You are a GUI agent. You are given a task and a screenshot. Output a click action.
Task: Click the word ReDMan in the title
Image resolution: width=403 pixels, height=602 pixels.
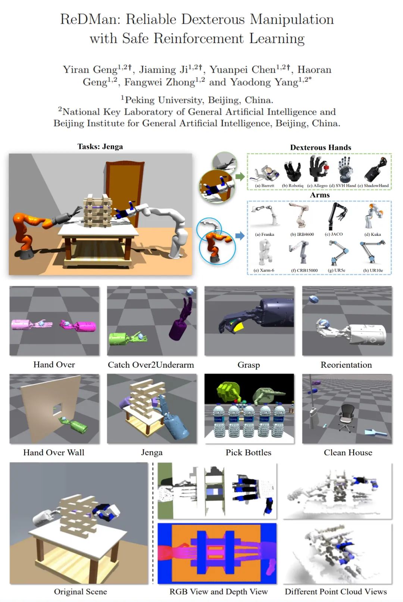[x=91, y=20]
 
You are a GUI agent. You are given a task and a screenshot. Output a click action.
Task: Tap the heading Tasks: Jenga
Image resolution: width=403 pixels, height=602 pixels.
[x=100, y=147]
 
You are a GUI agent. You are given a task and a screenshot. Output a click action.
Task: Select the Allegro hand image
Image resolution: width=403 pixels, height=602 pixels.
[x=318, y=168]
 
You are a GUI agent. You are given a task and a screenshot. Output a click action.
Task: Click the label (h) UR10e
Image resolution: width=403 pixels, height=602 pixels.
[x=373, y=270]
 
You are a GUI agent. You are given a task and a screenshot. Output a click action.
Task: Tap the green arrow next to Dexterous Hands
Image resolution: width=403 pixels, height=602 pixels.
[x=240, y=177]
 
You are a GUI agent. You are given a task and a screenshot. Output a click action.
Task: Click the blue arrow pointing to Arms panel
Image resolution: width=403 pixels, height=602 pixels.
[x=240, y=236]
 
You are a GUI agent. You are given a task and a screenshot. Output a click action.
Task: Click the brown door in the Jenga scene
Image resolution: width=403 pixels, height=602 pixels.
[x=125, y=188]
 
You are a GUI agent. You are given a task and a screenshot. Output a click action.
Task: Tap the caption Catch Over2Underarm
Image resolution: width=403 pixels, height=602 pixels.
[x=151, y=365]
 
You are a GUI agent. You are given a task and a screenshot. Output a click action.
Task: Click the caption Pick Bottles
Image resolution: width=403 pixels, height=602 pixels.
[x=248, y=453]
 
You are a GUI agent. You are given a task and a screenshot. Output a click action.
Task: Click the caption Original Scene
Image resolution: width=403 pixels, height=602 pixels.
[x=80, y=592]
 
